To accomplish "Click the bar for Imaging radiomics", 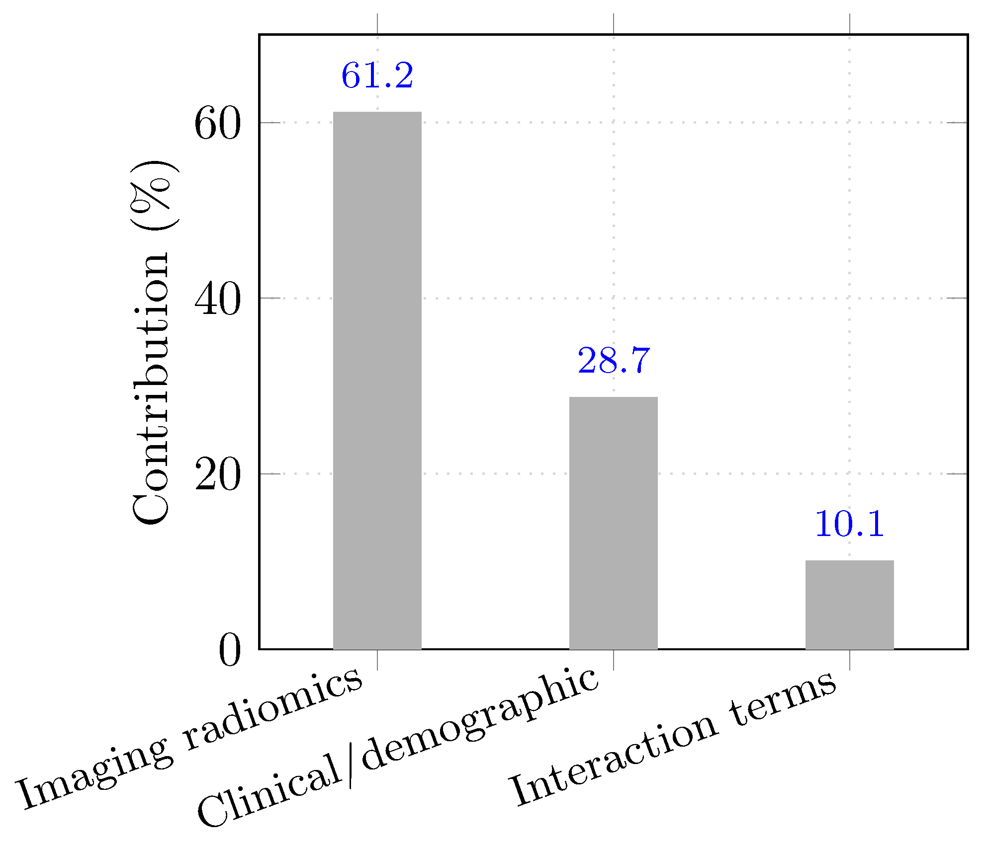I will click(x=377, y=380).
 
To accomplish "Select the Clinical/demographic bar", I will click(x=613, y=523).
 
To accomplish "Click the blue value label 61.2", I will click(x=377, y=76).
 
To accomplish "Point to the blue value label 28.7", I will click(x=613, y=361).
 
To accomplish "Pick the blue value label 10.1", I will click(x=849, y=524).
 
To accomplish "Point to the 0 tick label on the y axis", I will click(x=229, y=651).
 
